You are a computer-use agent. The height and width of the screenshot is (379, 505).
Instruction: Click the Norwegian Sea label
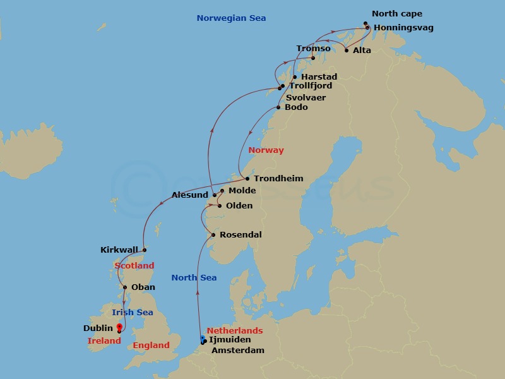pos(231,18)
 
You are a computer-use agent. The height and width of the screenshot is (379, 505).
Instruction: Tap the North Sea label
pos(194,278)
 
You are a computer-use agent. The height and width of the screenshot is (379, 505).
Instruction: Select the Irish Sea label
pos(132,313)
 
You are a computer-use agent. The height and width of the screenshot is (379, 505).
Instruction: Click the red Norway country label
pos(266,150)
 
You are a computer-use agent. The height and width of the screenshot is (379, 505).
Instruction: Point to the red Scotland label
pos(134,266)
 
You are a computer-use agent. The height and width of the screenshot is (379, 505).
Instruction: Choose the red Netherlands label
pos(234,330)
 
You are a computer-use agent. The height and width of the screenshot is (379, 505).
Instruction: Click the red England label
pos(151,346)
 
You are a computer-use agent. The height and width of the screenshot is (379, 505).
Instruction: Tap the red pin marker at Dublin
pos(119,327)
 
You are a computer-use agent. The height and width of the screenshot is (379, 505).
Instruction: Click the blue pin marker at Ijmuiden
pos(203,339)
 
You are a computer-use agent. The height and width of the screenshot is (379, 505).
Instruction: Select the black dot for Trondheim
pos(247,179)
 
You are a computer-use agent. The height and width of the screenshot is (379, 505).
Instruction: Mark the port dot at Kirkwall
pos(144,250)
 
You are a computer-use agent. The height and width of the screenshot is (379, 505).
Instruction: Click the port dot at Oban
pos(125,287)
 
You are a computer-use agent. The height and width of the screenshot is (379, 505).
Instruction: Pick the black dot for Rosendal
pos(213,235)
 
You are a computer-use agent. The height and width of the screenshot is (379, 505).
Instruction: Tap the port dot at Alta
pos(347,51)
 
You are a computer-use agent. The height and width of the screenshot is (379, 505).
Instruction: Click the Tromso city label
pos(313,49)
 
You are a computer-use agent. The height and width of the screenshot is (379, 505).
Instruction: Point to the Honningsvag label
pos(403,28)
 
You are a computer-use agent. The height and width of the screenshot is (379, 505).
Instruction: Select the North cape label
pos(397,14)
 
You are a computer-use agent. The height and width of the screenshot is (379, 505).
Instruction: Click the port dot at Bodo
pos(278,107)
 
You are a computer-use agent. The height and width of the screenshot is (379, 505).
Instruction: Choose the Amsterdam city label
pos(237,350)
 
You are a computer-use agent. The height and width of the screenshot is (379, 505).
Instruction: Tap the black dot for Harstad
pos(295,77)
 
